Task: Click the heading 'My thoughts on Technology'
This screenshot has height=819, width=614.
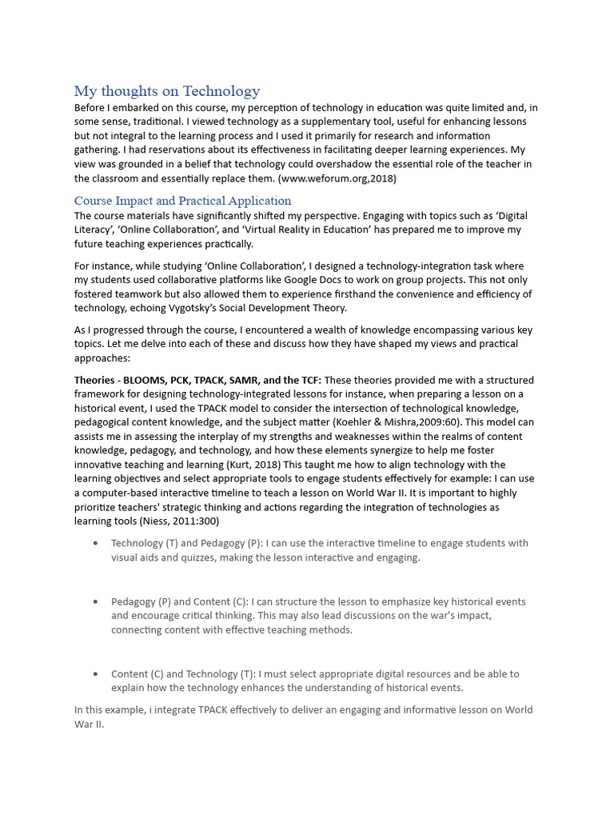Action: coord(167,91)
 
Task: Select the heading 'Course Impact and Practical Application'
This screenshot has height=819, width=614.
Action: coord(182,201)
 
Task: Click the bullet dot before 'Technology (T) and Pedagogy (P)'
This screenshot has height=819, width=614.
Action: coord(96,543)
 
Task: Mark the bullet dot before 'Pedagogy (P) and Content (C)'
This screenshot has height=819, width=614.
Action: coord(96,601)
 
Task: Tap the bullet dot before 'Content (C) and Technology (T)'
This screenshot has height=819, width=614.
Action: coord(96,674)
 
